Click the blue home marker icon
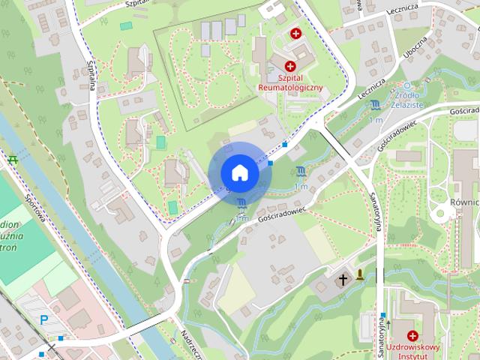coord(239,173)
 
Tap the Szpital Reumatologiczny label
coord(290,82)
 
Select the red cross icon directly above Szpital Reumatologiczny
coord(290,67)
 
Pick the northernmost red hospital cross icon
coord(296,34)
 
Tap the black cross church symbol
coord(343,280)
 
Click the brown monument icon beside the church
coord(361,274)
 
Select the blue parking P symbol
coord(43,320)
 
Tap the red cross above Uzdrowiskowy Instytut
coord(412,335)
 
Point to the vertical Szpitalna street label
coord(91,76)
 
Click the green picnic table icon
coord(13,160)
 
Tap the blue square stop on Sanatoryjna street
coord(383,315)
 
